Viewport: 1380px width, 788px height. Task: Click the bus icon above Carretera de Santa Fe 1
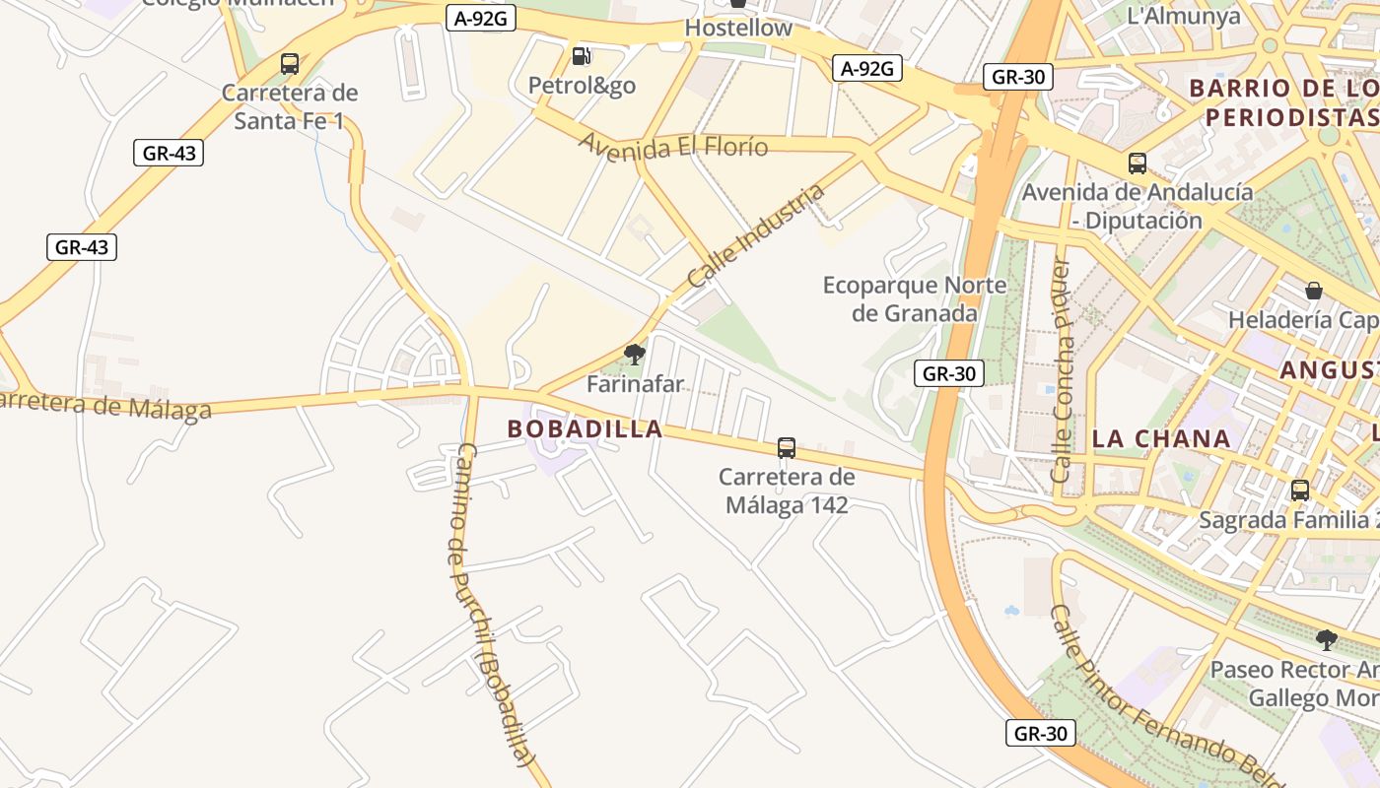290,64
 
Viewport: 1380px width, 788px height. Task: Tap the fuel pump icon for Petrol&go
582,56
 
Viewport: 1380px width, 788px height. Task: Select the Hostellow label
738,28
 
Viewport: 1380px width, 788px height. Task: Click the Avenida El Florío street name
672,147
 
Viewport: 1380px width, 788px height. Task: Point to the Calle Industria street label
755,236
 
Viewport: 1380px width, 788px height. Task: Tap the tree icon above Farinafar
635,354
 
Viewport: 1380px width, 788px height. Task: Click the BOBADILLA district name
585,429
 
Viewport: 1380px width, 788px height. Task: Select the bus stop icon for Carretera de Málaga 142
787,448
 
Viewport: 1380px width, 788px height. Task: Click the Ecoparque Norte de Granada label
915,299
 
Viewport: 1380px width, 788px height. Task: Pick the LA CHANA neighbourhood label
1162,439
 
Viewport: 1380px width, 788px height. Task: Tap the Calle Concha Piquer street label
1062,370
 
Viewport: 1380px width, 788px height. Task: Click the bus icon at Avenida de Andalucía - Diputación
1138,164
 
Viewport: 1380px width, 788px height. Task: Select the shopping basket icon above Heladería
1314,291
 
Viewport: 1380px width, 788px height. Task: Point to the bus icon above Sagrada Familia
1300,490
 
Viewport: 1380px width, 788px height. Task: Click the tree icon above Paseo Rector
1327,640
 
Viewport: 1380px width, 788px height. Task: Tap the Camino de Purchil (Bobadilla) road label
489,604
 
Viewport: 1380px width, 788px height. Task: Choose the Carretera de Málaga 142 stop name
787,491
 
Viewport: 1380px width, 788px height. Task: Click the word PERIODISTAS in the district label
1291,117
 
